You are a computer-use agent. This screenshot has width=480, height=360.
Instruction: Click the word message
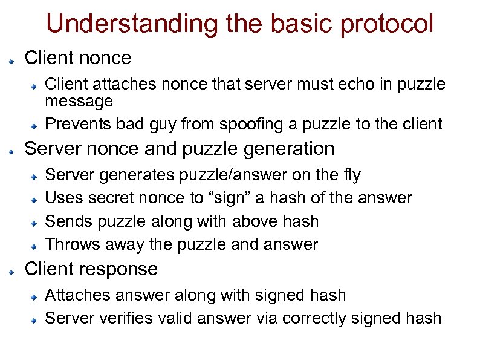tap(79, 100)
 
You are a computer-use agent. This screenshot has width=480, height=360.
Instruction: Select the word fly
tap(351, 175)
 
